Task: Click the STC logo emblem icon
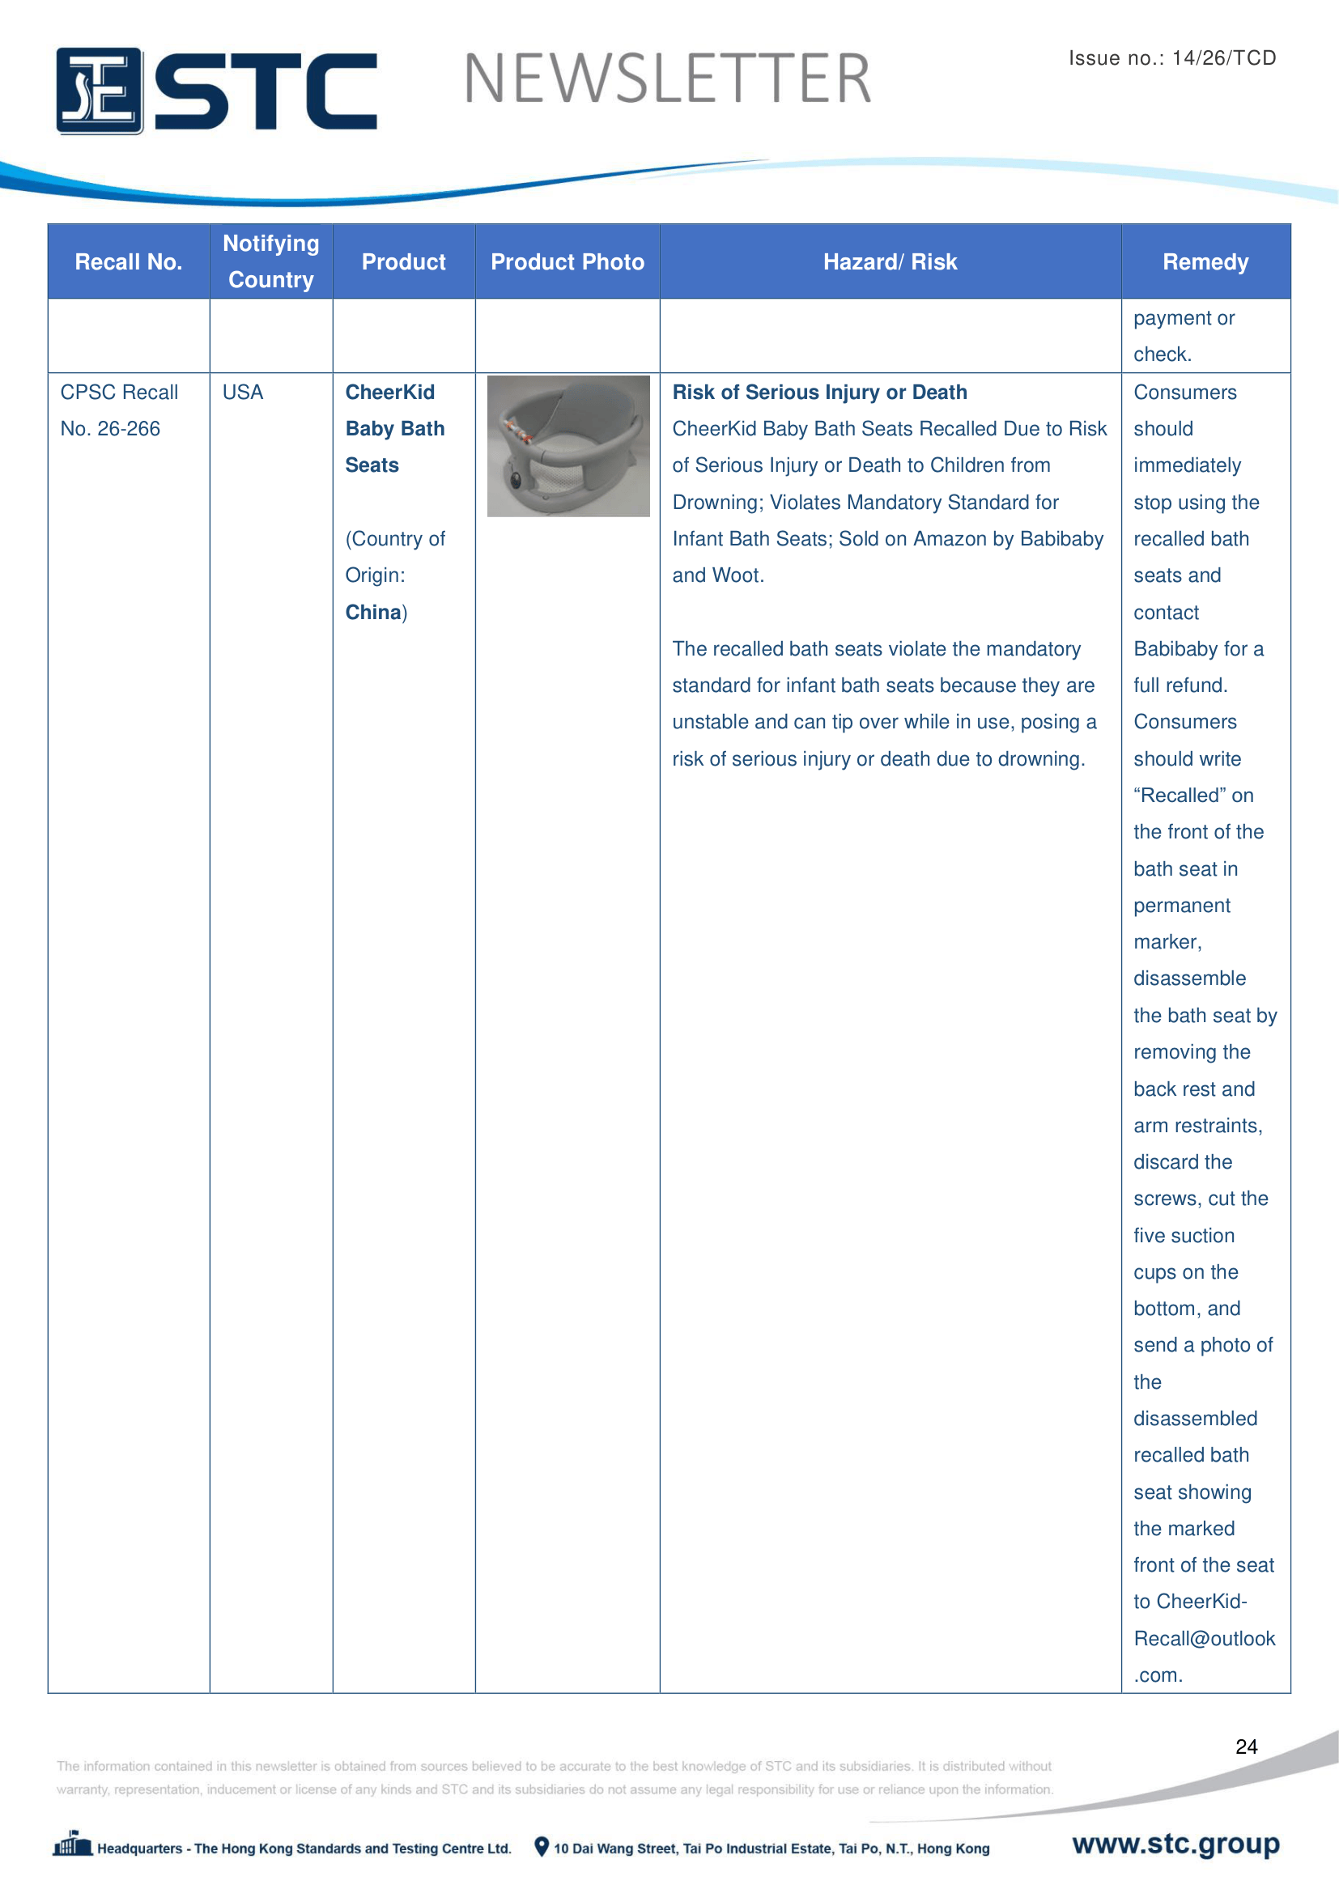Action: point(99,91)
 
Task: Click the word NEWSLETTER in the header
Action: point(667,79)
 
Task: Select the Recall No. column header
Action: point(129,262)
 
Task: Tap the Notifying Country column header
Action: point(271,261)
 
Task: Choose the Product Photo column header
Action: point(567,262)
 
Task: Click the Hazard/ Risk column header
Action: point(890,262)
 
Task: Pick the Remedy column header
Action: point(1205,262)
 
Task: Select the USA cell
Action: point(243,393)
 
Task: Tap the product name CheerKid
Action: point(390,393)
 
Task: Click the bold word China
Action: point(372,612)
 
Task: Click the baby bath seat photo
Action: point(568,446)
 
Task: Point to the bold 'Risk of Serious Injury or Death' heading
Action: point(819,393)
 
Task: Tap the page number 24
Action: point(1246,1747)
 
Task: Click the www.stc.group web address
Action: point(1175,1844)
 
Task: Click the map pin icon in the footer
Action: point(542,1847)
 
